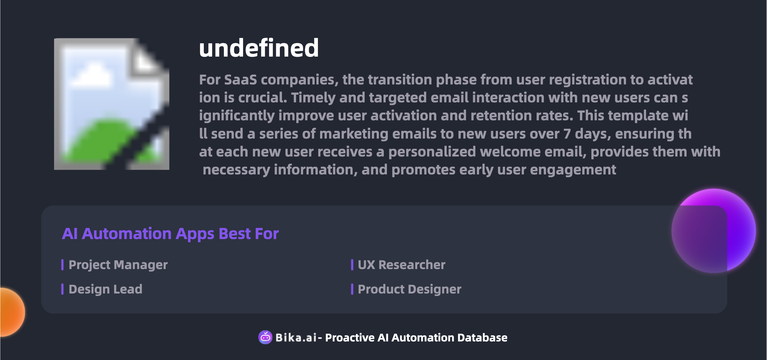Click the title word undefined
(x=259, y=48)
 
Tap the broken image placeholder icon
(x=112, y=104)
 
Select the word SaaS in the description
(x=240, y=80)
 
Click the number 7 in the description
(x=567, y=134)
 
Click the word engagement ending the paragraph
(x=573, y=170)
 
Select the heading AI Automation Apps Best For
(x=170, y=234)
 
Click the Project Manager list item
(x=118, y=265)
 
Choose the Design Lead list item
(x=105, y=289)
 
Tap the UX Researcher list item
(x=401, y=265)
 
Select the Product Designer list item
(x=409, y=289)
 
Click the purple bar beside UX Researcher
(x=352, y=265)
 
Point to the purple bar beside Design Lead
(x=62, y=289)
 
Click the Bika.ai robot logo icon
(x=265, y=337)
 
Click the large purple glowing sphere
(x=714, y=231)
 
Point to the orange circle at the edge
(x=12, y=312)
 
